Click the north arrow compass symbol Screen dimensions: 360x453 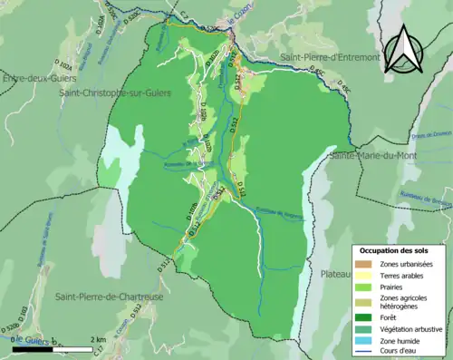point(403,45)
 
